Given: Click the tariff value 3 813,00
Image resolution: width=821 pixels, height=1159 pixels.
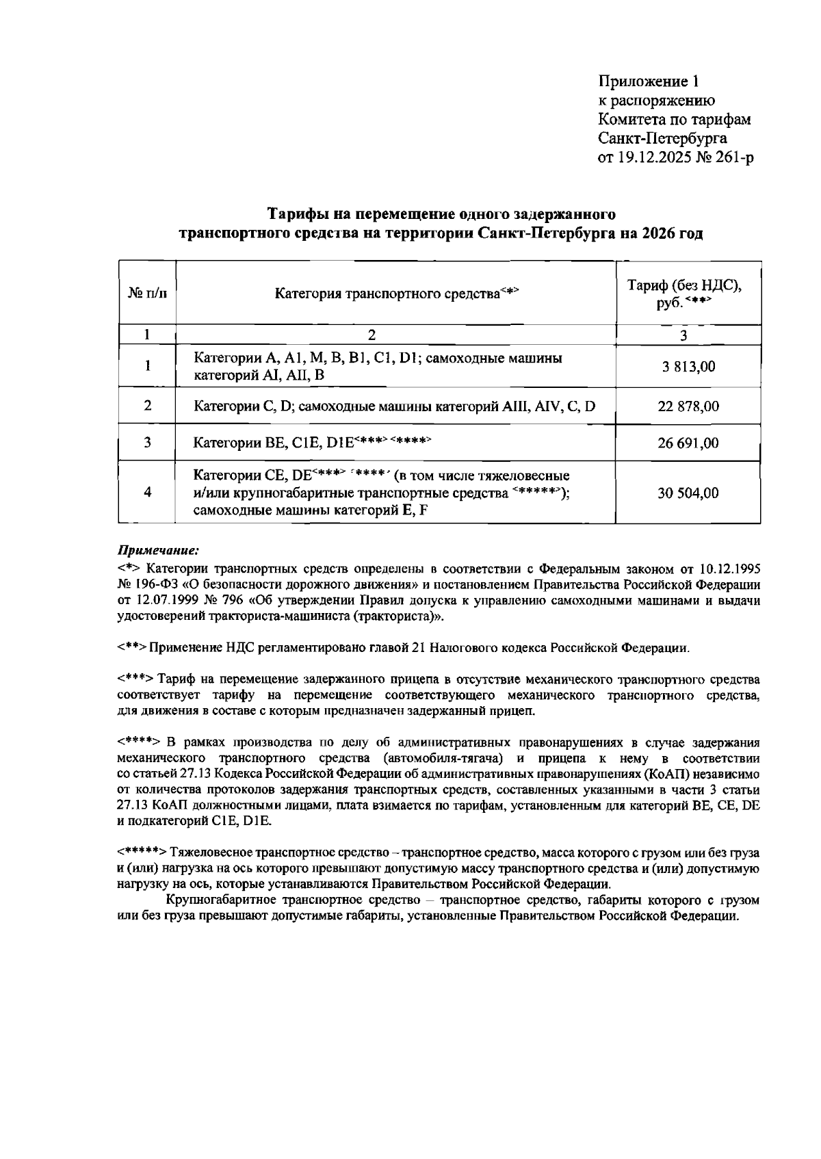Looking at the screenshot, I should coord(688,367).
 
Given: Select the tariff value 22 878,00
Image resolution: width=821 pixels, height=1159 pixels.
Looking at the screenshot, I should coord(688,406).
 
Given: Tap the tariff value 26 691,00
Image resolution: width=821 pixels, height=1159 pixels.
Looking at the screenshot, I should coord(688,443).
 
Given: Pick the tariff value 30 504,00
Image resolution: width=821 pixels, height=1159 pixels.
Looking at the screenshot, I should coord(688,493).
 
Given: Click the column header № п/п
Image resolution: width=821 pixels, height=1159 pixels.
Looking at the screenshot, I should coord(147,294).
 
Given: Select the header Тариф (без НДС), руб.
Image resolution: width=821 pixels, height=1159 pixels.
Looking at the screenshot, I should coord(685,294).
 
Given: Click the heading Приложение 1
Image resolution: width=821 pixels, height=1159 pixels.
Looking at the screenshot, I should coord(649,82).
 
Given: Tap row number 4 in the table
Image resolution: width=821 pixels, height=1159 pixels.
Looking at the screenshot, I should coord(147,493).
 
